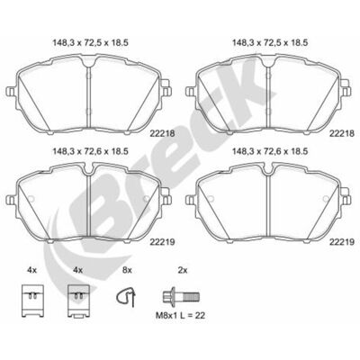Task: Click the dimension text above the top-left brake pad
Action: (91, 43)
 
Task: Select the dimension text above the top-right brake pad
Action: (270, 43)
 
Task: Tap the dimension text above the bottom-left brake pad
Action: (91, 151)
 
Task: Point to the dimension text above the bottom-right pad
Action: (270, 151)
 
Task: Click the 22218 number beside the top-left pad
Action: (162, 133)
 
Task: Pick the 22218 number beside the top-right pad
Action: (342, 133)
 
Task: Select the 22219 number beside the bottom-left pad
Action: (162, 241)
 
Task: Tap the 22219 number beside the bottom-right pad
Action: (342, 241)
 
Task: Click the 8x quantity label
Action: (127, 270)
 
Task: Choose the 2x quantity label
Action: (183, 270)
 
